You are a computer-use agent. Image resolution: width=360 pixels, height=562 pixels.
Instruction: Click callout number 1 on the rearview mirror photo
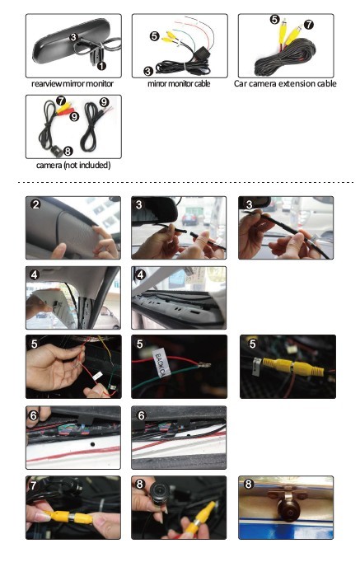pyautogui.click(x=102, y=66)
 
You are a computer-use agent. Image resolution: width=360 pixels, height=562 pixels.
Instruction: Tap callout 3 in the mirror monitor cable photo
pyautogui.click(x=148, y=71)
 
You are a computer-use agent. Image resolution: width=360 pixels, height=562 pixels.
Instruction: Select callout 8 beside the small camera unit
pyautogui.click(x=68, y=151)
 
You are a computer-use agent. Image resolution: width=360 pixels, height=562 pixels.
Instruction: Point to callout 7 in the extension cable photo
pyautogui.click(x=309, y=25)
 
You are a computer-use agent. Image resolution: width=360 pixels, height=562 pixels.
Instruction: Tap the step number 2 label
pyautogui.click(x=35, y=204)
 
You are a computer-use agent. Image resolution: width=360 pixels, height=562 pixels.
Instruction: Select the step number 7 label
pyautogui.click(x=34, y=485)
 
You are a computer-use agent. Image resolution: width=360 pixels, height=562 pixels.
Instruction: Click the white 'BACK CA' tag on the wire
pyautogui.click(x=159, y=362)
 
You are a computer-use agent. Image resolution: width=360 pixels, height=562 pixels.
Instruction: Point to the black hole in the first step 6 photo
pyautogui.click(x=92, y=444)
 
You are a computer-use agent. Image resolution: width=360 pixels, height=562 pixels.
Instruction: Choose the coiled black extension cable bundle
pyautogui.click(x=286, y=58)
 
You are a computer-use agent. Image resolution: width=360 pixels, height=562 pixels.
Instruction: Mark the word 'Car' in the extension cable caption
pyautogui.click(x=240, y=84)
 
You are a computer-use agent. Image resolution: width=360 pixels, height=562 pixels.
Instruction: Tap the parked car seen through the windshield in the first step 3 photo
pyautogui.click(x=189, y=219)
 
